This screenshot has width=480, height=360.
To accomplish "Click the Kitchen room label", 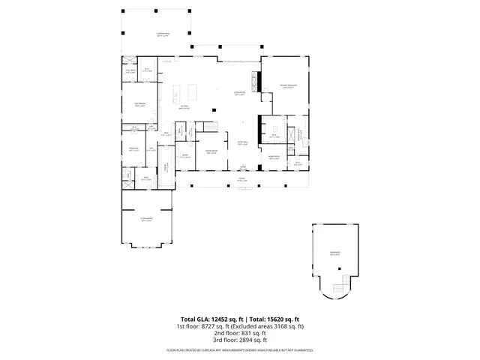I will coord(184,107).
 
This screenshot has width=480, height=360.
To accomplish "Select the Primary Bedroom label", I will coord(283,85).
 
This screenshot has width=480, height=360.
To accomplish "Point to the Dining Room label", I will coord(211,153).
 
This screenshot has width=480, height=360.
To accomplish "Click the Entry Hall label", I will coord(243,142).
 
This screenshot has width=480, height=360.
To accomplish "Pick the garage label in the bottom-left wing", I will coord(146,220).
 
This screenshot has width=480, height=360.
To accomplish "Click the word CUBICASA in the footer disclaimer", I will coord(217,350).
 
